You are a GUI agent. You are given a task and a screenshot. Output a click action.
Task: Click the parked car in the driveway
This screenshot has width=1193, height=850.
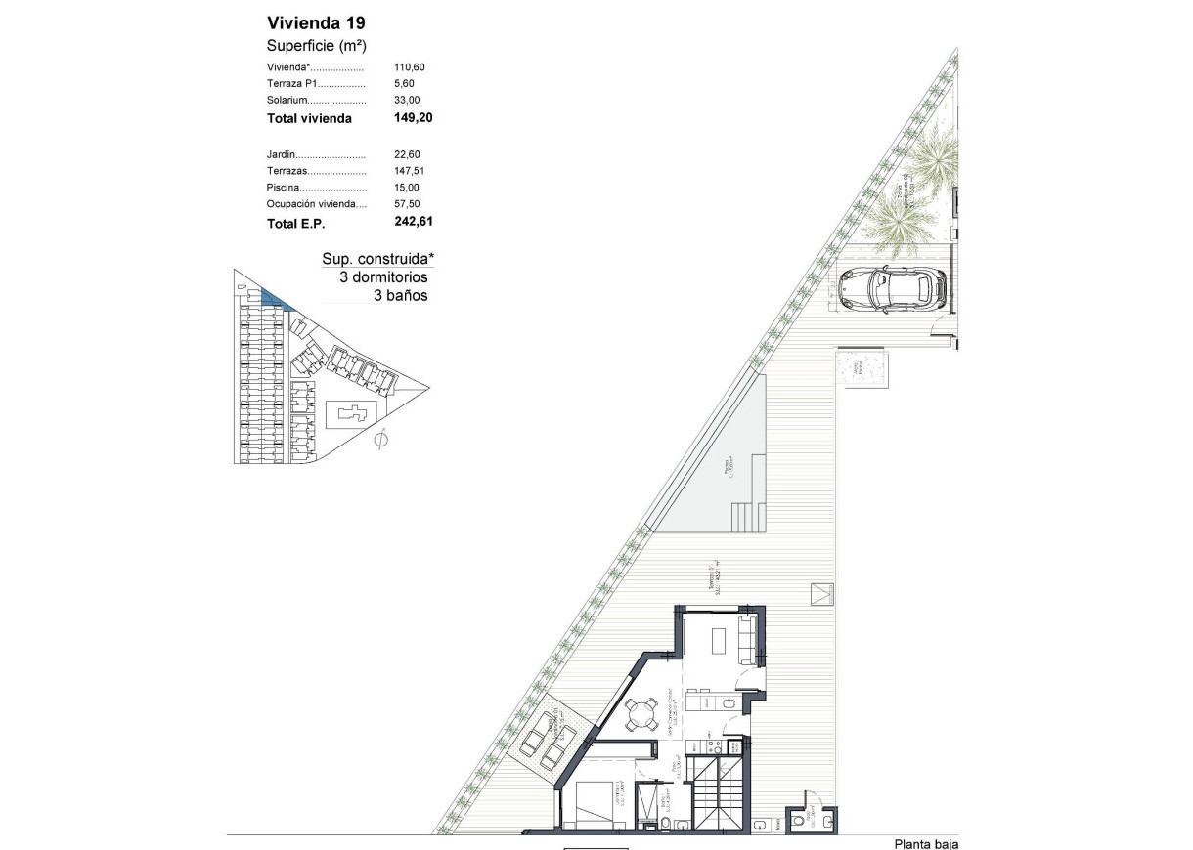point(888,289)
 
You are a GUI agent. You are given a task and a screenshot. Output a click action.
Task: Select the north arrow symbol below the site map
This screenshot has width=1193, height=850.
point(381,441)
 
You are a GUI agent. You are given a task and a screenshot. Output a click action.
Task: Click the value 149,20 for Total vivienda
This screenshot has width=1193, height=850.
point(413,118)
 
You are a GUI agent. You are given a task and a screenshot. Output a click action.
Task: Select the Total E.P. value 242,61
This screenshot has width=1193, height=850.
point(413,222)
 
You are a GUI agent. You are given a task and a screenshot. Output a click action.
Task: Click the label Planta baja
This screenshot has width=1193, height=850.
point(926,842)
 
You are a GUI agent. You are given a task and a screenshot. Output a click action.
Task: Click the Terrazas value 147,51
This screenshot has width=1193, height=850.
point(411,171)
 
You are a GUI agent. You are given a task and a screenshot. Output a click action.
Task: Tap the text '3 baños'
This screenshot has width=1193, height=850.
point(401,296)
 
